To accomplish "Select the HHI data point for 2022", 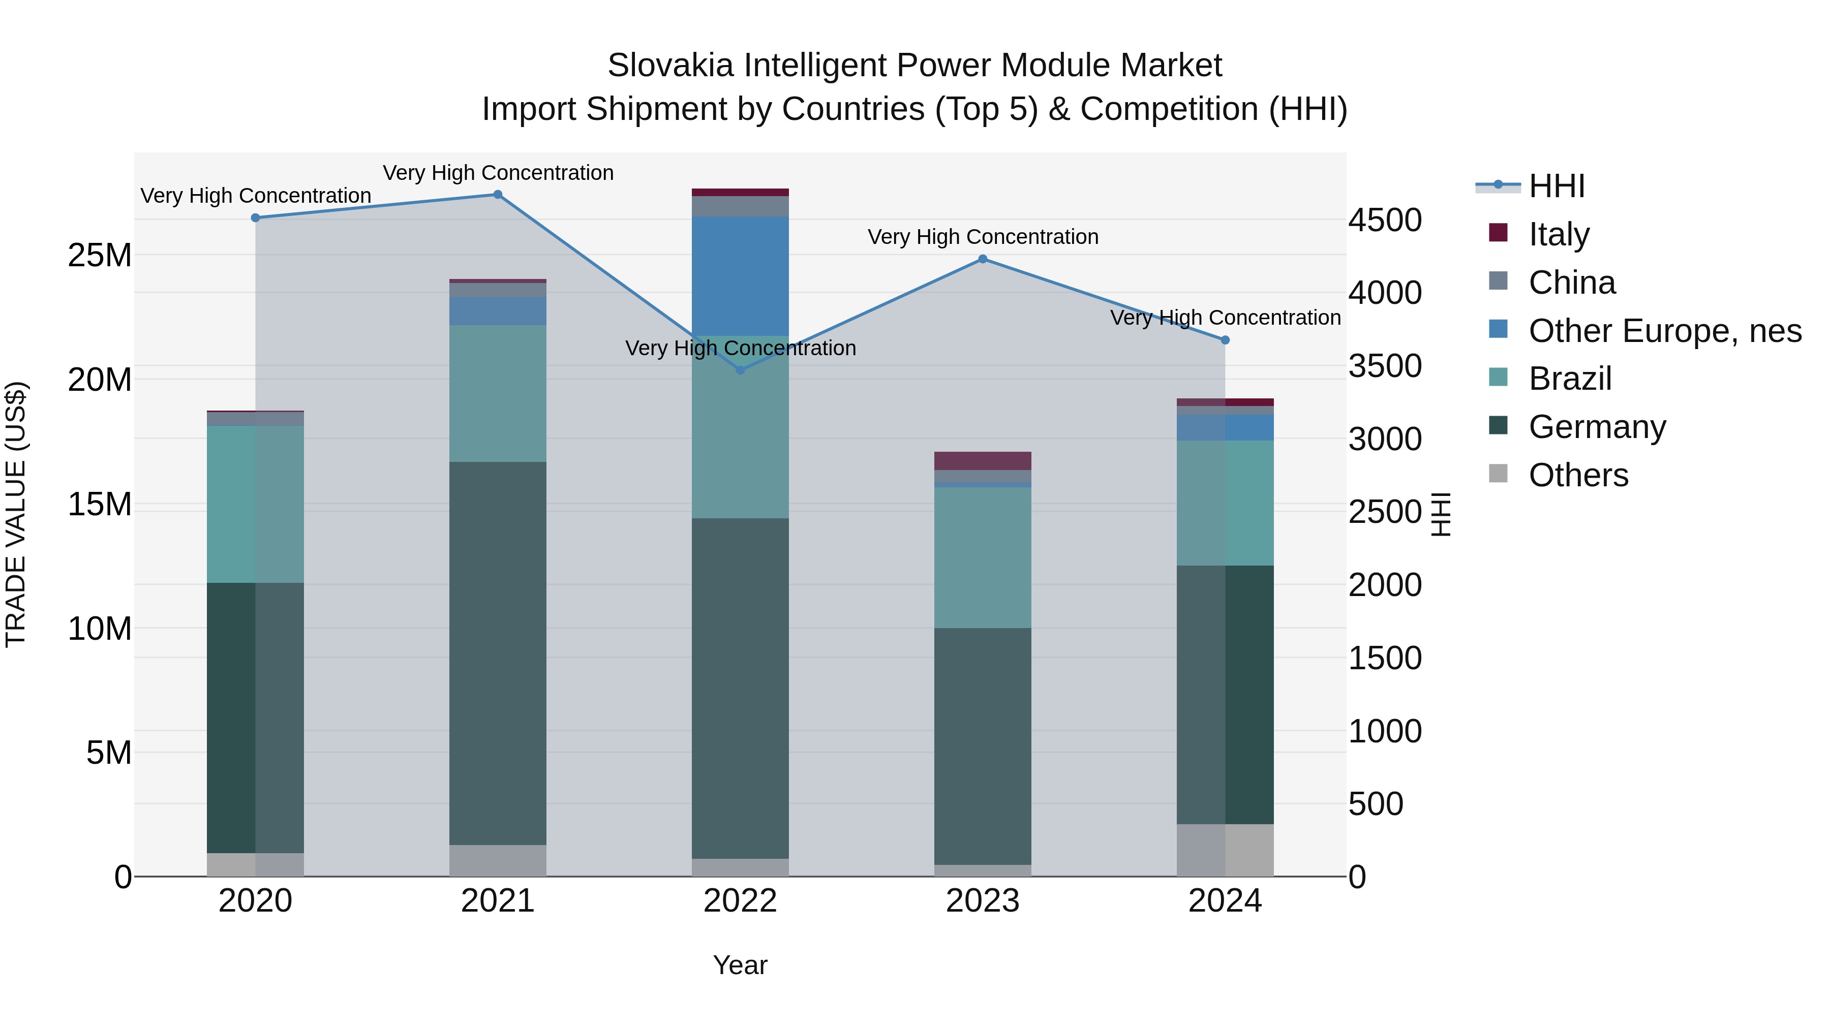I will click(740, 370).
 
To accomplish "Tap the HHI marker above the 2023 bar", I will click(983, 259).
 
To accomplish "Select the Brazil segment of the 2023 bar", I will click(983, 557).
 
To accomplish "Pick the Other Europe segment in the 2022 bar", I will click(740, 275).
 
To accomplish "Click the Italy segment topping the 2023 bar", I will click(983, 460).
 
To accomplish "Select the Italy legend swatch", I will click(1498, 233).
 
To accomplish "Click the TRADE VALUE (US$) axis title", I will click(16, 514).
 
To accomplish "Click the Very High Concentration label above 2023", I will click(983, 237).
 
